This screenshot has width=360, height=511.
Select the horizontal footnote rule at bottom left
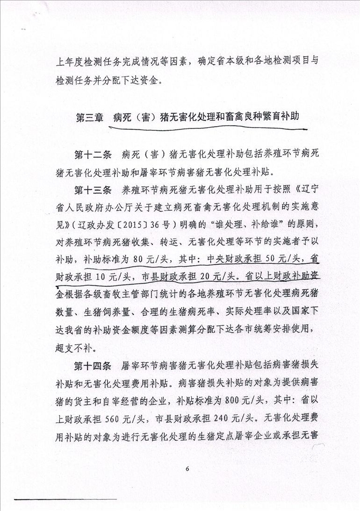pos(65,500)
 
